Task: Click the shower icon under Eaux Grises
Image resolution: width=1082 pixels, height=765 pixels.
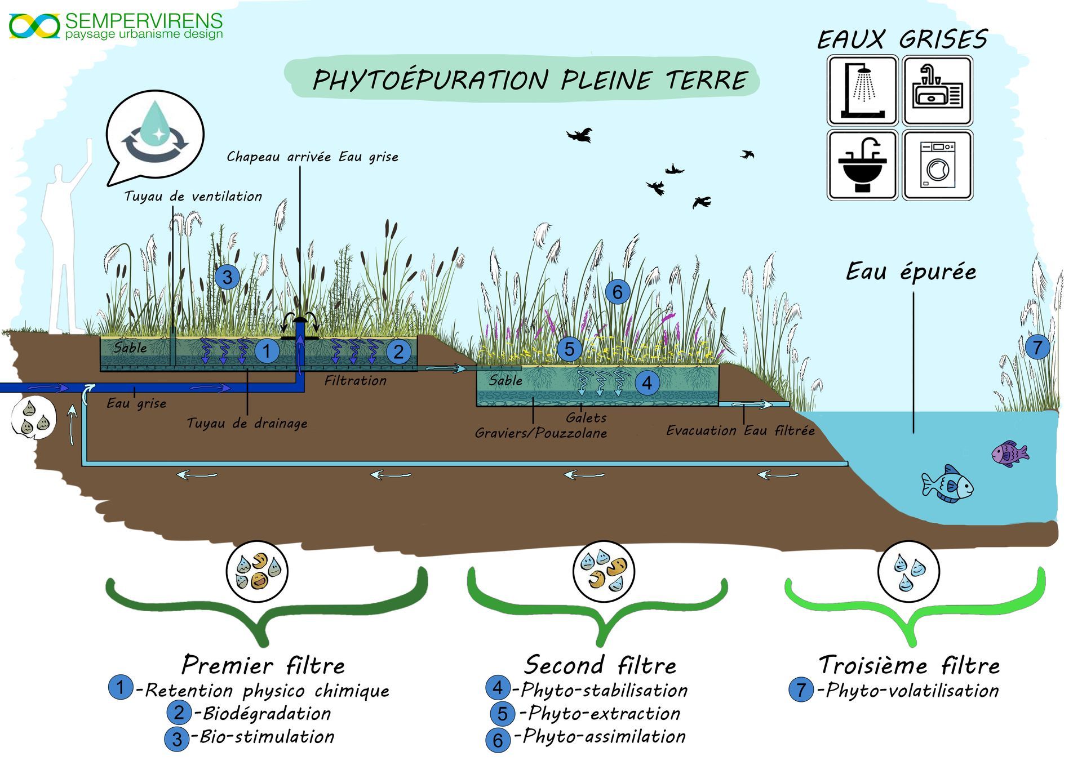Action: click(x=862, y=90)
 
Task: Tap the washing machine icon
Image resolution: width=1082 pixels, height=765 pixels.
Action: click(x=938, y=165)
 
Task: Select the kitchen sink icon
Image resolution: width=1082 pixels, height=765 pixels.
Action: click(x=938, y=90)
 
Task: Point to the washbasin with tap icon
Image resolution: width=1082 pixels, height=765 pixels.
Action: click(x=862, y=165)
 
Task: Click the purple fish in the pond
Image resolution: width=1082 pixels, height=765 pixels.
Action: click(x=1009, y=453)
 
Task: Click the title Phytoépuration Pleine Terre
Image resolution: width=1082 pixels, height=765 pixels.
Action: click(x=530, y=80)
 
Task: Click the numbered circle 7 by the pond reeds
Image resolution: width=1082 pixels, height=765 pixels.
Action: click(x=1037, y=347)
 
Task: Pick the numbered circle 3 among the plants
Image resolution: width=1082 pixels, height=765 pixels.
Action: click(x=227, y=277)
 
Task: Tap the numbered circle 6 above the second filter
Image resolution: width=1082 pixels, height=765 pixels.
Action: click(x=617, y=292)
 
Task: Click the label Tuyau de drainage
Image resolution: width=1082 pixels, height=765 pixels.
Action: click(x=247, y=423)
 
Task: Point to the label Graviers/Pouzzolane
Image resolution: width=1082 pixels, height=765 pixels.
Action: click(x=540, y=433)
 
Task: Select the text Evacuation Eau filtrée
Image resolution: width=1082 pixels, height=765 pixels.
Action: click(x=740, y=431)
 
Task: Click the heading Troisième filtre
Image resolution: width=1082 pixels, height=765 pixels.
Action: click(x=909, y=665)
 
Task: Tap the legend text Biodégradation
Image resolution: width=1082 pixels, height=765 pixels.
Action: click(x=266, y=714)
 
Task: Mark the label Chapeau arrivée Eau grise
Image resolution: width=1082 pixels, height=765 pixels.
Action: click(x=312, y=157)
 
